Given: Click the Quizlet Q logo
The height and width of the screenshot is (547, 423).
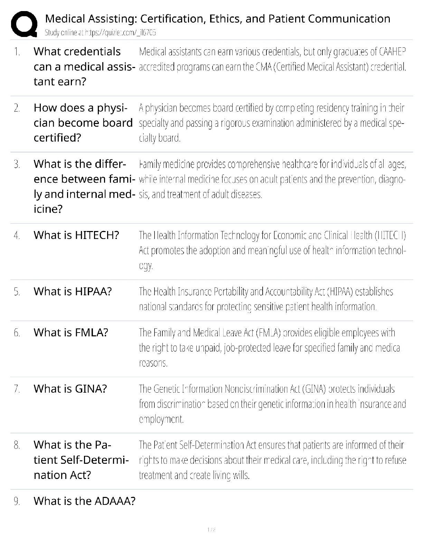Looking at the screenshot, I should pos(24,24).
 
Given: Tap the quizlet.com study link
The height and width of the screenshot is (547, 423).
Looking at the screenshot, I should pos(121,33).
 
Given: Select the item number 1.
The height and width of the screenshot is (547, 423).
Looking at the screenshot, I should pos(17,52).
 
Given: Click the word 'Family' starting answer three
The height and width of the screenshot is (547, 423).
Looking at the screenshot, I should pos(149,164).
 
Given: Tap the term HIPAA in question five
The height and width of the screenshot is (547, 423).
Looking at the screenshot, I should pos(91,291).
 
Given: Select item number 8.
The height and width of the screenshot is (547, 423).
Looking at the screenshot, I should pos(17,445).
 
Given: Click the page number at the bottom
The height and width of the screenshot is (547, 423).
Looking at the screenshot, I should pos(211,529).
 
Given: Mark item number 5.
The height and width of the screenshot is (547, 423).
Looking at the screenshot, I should pos(17,292).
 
